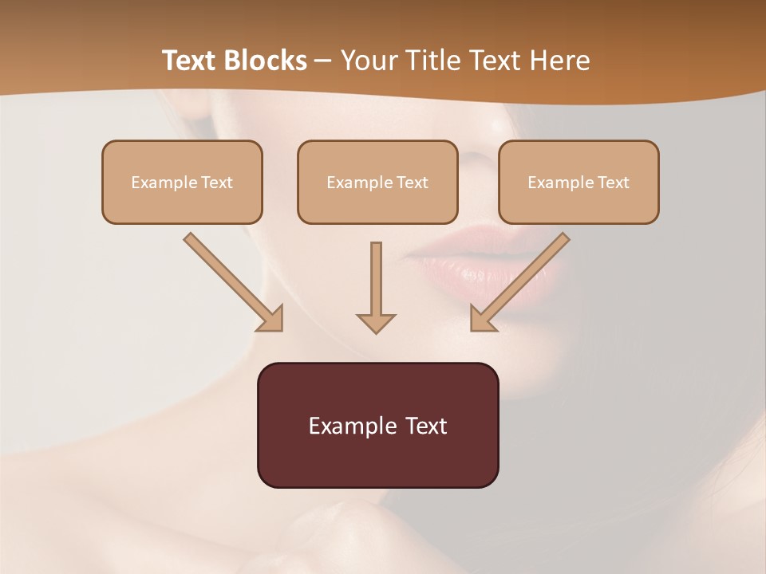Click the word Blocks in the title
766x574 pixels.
(x=264, y=61)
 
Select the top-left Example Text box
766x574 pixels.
(x=182, y=182)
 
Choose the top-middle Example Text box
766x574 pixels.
(x=377, y=182)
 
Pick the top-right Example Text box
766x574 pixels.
(x=578, y=182)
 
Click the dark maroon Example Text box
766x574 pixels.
(x=377, y=425)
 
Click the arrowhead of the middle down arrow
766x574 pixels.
(x=376, y=322)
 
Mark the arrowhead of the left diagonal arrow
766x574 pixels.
(x=271, y=319)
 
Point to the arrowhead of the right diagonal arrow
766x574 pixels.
(x=482, y=319)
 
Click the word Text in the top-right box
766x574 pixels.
(x=613, y=183)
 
